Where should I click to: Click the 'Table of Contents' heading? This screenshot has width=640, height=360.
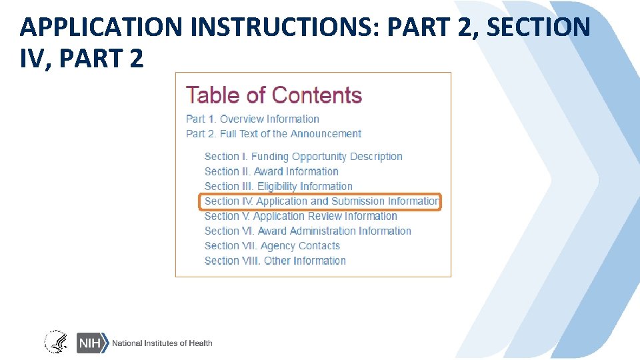273,95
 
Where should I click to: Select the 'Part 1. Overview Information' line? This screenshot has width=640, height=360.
252,119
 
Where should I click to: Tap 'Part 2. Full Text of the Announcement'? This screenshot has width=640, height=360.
273,134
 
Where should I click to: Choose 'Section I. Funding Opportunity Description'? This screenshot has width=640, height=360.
303,157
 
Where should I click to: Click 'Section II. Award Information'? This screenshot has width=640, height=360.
271,171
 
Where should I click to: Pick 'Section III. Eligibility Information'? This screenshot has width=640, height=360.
278,187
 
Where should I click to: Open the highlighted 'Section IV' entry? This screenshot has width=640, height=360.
321,201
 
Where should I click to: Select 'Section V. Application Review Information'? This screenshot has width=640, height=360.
301,216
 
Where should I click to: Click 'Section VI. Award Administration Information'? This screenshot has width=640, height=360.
307,231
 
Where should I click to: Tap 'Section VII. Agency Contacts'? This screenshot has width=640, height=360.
272,246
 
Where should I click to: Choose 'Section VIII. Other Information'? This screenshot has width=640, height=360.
275,261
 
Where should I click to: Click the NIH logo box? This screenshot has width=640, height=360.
91,343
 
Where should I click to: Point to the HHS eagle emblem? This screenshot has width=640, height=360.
56,342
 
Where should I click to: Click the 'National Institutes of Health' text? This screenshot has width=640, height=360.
162,343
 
